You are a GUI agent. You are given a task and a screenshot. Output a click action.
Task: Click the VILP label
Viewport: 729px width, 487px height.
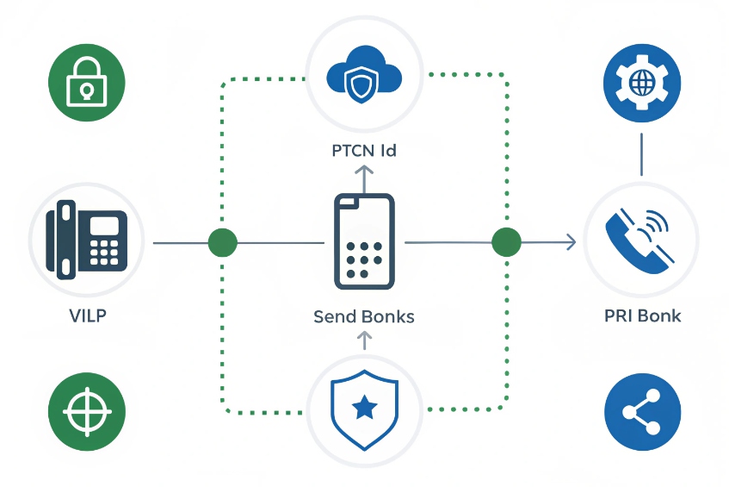click(x=88, y=315)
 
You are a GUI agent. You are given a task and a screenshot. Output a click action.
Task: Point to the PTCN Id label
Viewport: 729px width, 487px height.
click(x=364, y=151)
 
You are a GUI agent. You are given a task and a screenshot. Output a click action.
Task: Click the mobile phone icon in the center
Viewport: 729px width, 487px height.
click(x=364, y=241)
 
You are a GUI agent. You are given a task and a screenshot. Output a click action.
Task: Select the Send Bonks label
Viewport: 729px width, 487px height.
click(x=364, y=316)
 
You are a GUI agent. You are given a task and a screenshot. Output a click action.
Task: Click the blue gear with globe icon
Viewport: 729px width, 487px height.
click(x=642, y=83)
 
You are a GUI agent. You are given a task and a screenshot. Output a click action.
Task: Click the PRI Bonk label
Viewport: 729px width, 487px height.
click(x=642, y=315)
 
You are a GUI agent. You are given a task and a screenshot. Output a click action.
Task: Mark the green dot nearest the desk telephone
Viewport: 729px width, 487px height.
click(x=222, y=243)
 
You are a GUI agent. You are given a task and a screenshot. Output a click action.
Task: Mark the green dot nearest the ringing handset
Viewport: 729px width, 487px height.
click(x=506, y=243)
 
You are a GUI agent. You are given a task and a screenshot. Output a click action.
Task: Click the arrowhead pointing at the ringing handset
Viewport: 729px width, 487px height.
click(x=571, y=243)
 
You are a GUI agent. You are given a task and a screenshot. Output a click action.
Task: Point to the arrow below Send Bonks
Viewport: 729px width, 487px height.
click(x=363, y=340)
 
